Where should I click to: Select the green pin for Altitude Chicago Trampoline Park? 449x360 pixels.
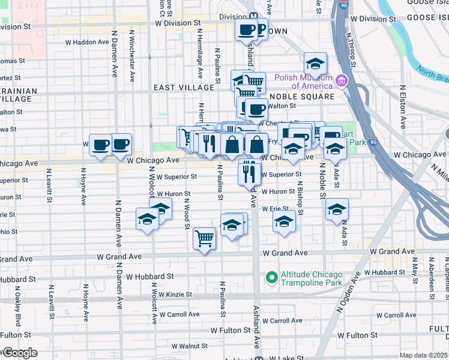coord(271,277)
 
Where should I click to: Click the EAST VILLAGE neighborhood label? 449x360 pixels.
coord(175,88)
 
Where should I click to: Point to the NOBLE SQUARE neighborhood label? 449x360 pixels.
coord(301,97)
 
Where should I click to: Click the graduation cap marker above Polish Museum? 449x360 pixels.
coord(315,64)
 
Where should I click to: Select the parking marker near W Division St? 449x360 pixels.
coord(259,29)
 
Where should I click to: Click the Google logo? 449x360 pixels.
coord(19,353)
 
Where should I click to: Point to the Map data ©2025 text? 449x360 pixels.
coord(423,355)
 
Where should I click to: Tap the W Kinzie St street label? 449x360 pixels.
coord(173,295)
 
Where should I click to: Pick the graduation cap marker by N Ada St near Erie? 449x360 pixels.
coord(337,209)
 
